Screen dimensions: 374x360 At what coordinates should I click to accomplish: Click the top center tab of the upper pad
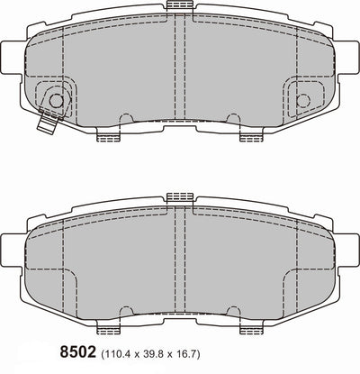pyautogui.click(x=180, y=7)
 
